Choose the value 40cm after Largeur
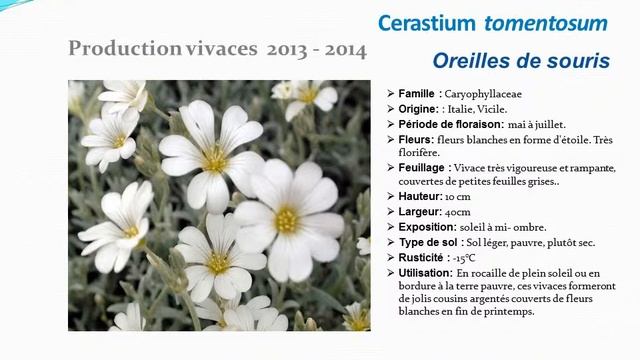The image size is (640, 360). pyautogui.click(x=459, y=212)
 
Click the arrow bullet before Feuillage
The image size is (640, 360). pyautogui.click(x=389, y=168)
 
